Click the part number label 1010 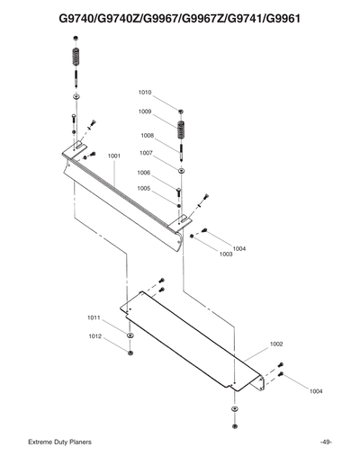[x=145, y=93]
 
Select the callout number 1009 [x=144, y=112]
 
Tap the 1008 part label [x=147, y=136]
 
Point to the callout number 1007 [x=145, y=153]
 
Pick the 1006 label [x=143, y=173]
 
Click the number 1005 [x=143, y=189]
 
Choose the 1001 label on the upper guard [x=114, y=156]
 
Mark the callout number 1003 [x=226, y=255]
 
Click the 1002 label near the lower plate [x=276, y=344]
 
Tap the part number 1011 [x=94, y=318]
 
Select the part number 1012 [x=94, y=335]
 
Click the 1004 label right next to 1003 [x=239, y=248]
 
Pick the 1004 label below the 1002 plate [x=315, y=391]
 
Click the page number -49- [x=326, y=443]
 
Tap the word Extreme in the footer [x=42, y=443]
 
